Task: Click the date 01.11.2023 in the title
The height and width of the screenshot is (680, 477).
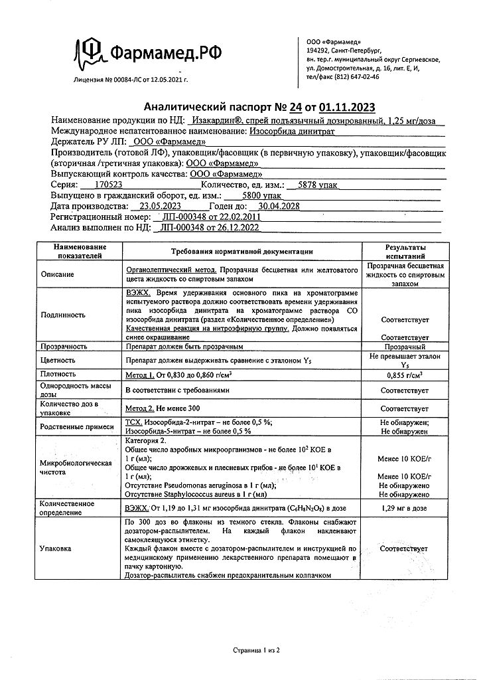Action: pos(347,108)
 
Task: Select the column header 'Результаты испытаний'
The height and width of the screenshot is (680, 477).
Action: pos(405,250)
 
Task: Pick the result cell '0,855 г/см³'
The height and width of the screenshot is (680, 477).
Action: pos(405,375)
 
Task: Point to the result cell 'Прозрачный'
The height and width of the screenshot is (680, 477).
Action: pos(405,347)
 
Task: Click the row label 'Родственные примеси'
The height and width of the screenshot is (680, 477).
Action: pos(77,426)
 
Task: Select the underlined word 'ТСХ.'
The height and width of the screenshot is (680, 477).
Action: pos(134,422)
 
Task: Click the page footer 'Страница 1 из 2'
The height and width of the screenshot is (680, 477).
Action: pos(257,651)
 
